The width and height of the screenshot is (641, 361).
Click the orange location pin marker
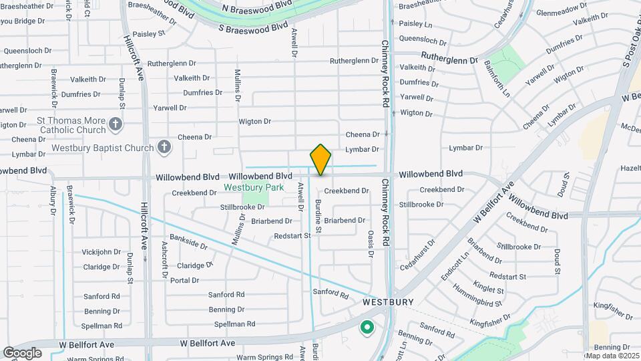[x=320, y=159]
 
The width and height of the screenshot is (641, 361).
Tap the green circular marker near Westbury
[x=366, y=328]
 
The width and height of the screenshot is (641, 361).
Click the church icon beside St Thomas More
[x=116, y=124]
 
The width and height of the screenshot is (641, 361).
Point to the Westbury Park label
[x=254, y=187]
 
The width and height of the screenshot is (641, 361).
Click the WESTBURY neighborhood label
[x=388, y=302]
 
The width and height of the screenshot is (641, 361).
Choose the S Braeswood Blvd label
[x=248, y=28]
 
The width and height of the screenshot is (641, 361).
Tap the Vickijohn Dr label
[x=101, y=253]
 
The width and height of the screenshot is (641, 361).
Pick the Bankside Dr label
[x=188, y=241]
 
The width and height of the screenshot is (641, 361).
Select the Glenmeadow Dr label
[x=561, y=13]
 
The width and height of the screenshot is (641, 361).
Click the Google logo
[x=22, y=352]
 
